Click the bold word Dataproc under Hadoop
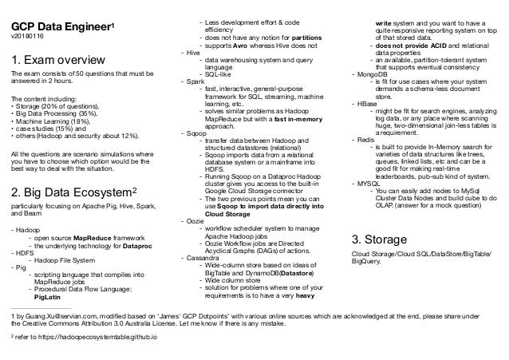[136, 245]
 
